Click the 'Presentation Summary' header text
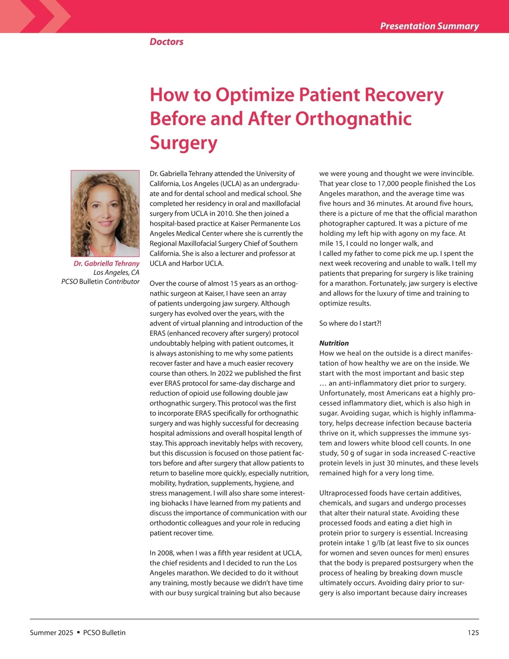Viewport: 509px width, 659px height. point(429,26)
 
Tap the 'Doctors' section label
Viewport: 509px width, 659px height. point(166,42)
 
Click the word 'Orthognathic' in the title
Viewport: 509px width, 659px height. point(353,119)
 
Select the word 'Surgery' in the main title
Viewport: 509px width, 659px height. point(183,143)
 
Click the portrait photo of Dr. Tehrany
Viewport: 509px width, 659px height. point(105,213)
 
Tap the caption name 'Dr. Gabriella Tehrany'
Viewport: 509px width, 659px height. point(106,264)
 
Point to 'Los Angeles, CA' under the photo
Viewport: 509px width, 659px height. point(116,272)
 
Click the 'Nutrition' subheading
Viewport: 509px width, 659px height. point(334,343)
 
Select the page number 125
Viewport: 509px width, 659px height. point(473,633)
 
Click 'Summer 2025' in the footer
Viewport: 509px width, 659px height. point(51,633)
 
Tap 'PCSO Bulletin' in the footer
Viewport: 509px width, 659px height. point(104,633)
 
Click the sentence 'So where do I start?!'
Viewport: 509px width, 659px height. point(350,323)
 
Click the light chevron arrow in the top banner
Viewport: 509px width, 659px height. point(55,17)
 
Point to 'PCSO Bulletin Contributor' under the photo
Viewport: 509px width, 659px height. point(101,281)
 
